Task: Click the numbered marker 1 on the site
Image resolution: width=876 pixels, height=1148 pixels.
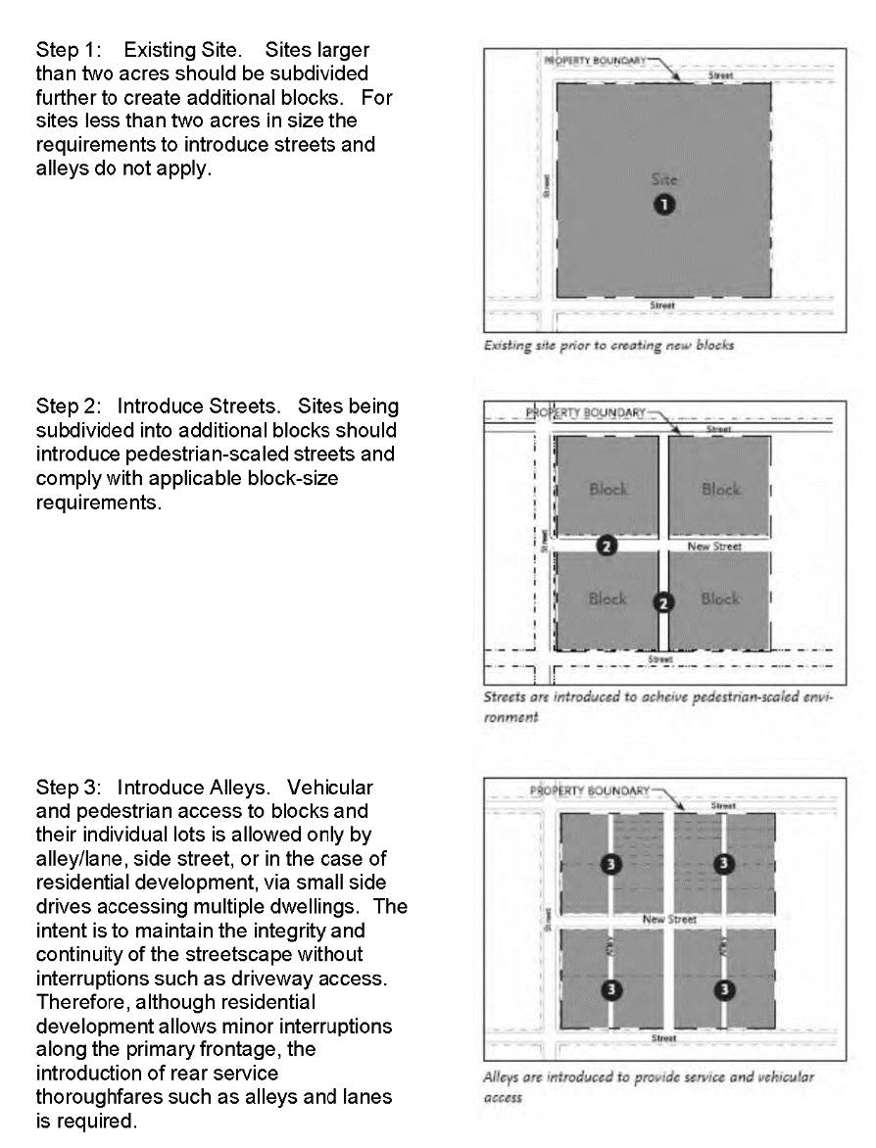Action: (664, 204)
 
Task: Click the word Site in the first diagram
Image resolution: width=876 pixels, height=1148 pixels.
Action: (664, 179)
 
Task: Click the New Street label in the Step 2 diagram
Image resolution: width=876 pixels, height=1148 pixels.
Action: (714, 547)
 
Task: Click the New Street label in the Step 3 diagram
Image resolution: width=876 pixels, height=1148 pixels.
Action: (669, 920)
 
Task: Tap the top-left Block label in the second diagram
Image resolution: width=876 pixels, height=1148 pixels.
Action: (608, 489)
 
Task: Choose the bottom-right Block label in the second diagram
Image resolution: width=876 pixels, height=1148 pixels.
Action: (720, 598)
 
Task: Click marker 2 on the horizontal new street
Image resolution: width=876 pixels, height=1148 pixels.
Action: (607, 547)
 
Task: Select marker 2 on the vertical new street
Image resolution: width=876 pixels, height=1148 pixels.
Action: (664, 602)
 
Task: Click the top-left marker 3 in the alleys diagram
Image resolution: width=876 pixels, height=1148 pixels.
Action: (610, 864)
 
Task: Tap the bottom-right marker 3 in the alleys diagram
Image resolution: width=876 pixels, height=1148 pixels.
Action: (724, 989)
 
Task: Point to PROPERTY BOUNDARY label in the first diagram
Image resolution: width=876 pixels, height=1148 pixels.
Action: (595, 61)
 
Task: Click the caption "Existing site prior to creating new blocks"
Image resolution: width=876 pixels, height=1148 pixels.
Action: (608, 346)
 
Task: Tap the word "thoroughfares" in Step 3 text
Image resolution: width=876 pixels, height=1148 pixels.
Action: (95, 1097)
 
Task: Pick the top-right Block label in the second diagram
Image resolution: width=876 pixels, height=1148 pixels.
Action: (720, 489)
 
